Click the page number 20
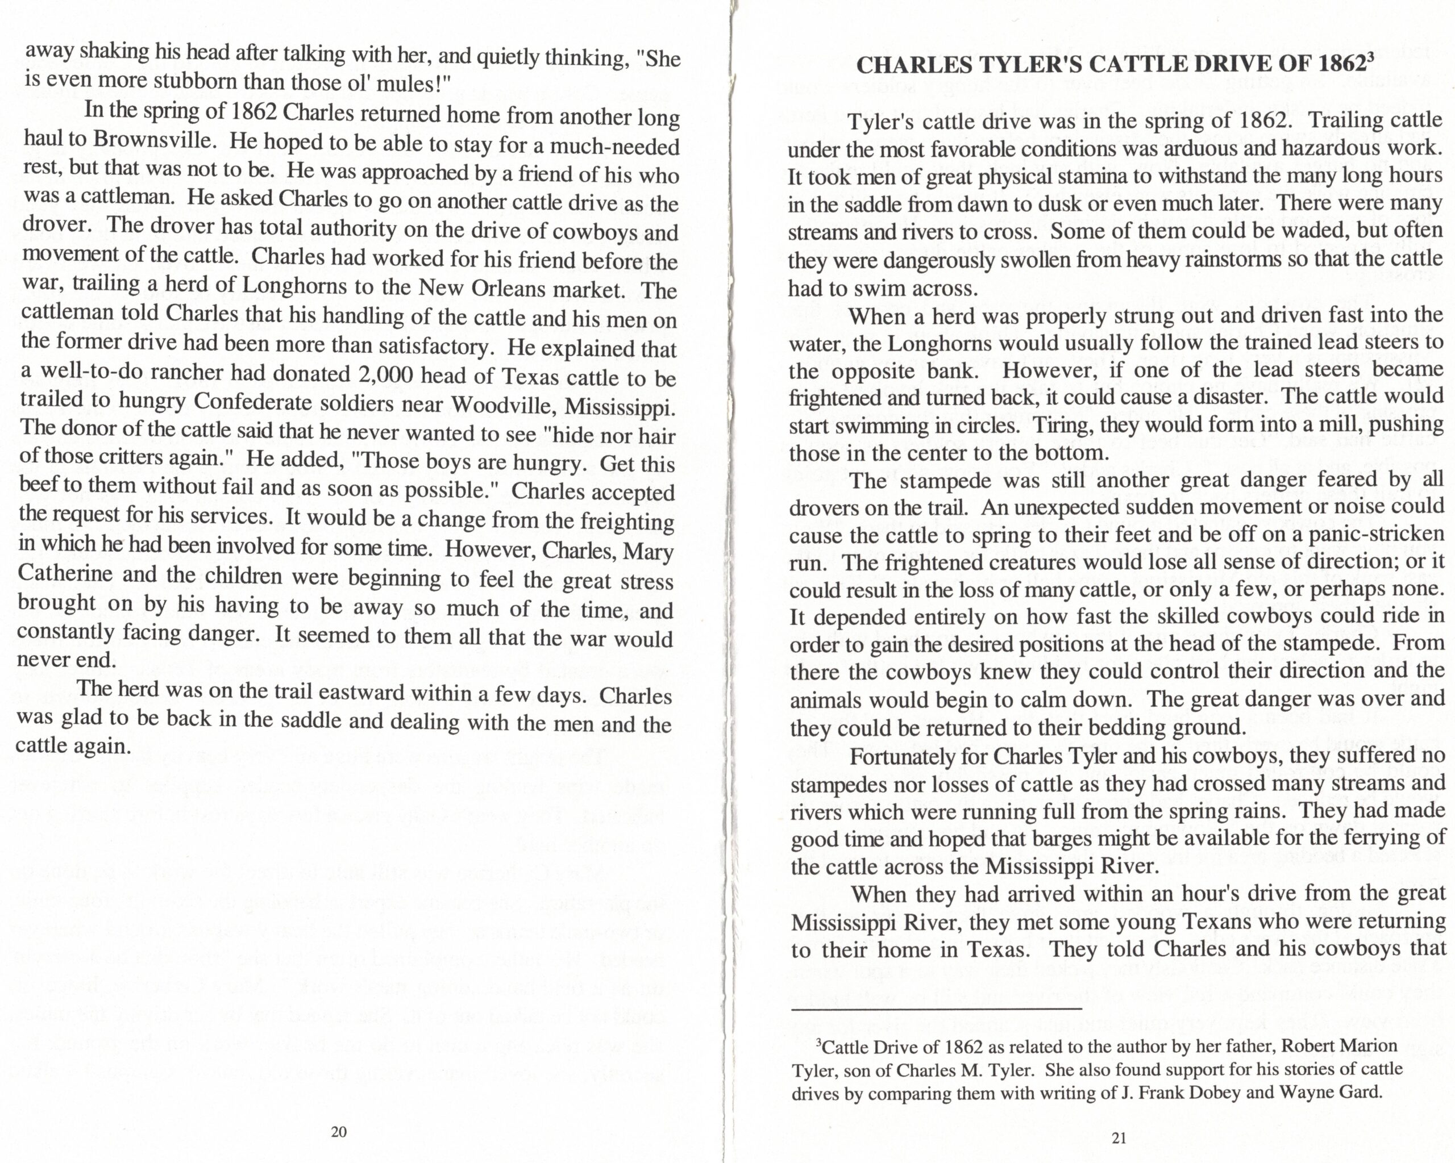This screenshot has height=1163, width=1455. pyautogui.click(x=339, y=1131)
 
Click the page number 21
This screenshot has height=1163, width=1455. pyautogui.click(x=1118, y=1138)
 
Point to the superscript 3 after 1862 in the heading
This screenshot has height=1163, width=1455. pyautogui.click(x=1369, y=58)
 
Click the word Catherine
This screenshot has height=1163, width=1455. pyautogui.click(x=65, y=573)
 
